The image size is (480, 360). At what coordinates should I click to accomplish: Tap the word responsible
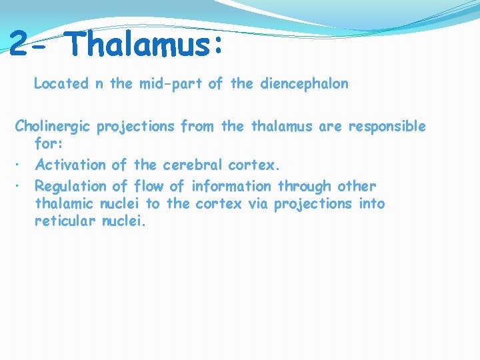386,126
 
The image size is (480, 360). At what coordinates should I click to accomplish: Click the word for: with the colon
49,143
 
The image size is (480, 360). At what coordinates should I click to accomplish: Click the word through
303,187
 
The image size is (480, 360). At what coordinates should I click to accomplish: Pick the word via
257,204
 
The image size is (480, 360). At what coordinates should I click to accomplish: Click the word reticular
65,222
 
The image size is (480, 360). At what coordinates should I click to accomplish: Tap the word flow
149,186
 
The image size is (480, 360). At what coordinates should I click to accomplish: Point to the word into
371,204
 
